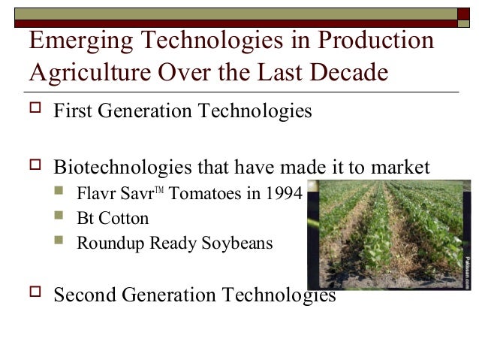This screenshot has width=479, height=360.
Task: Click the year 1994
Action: click(x=283, y=194)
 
